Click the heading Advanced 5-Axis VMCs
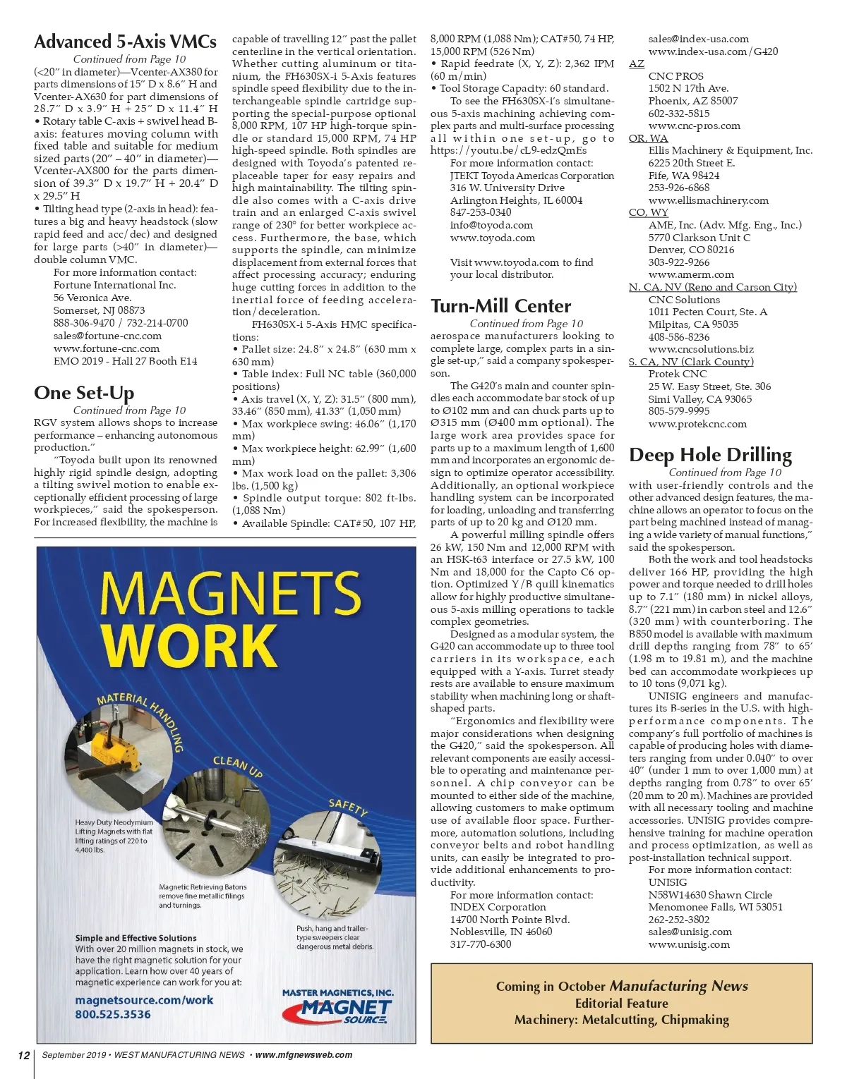[125, 42]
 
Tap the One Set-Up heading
[84, 393]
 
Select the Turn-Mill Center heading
[500, 306]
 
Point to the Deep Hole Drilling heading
[710, 455]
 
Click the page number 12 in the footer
[24, 1055]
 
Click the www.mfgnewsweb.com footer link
[304, 1055]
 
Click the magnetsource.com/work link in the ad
[144, 1000]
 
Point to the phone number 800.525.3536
[113, 1014]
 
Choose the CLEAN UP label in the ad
[238, 767]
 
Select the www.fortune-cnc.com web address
[107, 348]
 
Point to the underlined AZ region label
[636, 63]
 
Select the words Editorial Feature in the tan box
[621, 1003]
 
